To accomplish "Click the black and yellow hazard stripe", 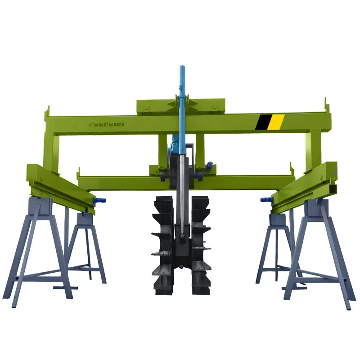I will [x=270, y=122].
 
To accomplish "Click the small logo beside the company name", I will [x=90, y=125].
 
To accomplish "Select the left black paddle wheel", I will [x=162, y=245].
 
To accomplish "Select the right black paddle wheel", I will [x=201, y=245].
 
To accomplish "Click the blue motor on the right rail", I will [x=265, y=199].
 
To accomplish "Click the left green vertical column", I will [x=52, y=151].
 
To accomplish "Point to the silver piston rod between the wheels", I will [x=181, y=198].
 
